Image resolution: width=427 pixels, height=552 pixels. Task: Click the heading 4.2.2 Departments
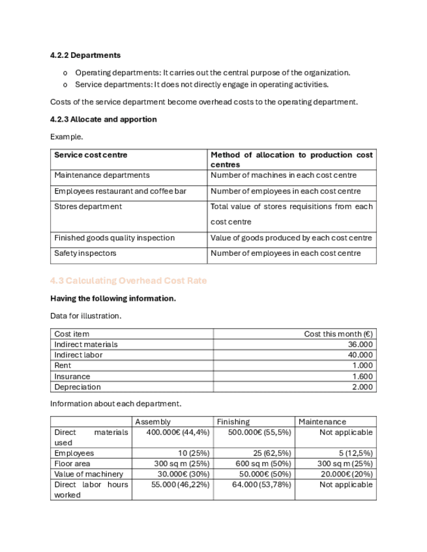85,55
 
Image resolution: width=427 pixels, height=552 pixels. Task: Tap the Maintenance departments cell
102,175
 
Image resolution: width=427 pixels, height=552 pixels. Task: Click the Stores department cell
88,206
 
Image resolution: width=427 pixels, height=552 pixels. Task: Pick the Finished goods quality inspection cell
115,238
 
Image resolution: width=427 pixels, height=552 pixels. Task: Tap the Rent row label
63,366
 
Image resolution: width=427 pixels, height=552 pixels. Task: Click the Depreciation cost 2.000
362,387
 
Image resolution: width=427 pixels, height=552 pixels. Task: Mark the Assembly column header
153,422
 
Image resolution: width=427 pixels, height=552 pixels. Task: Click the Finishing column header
233,422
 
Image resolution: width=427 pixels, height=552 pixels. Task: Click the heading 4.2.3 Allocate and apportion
103,119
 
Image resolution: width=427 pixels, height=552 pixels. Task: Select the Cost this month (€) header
338,334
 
